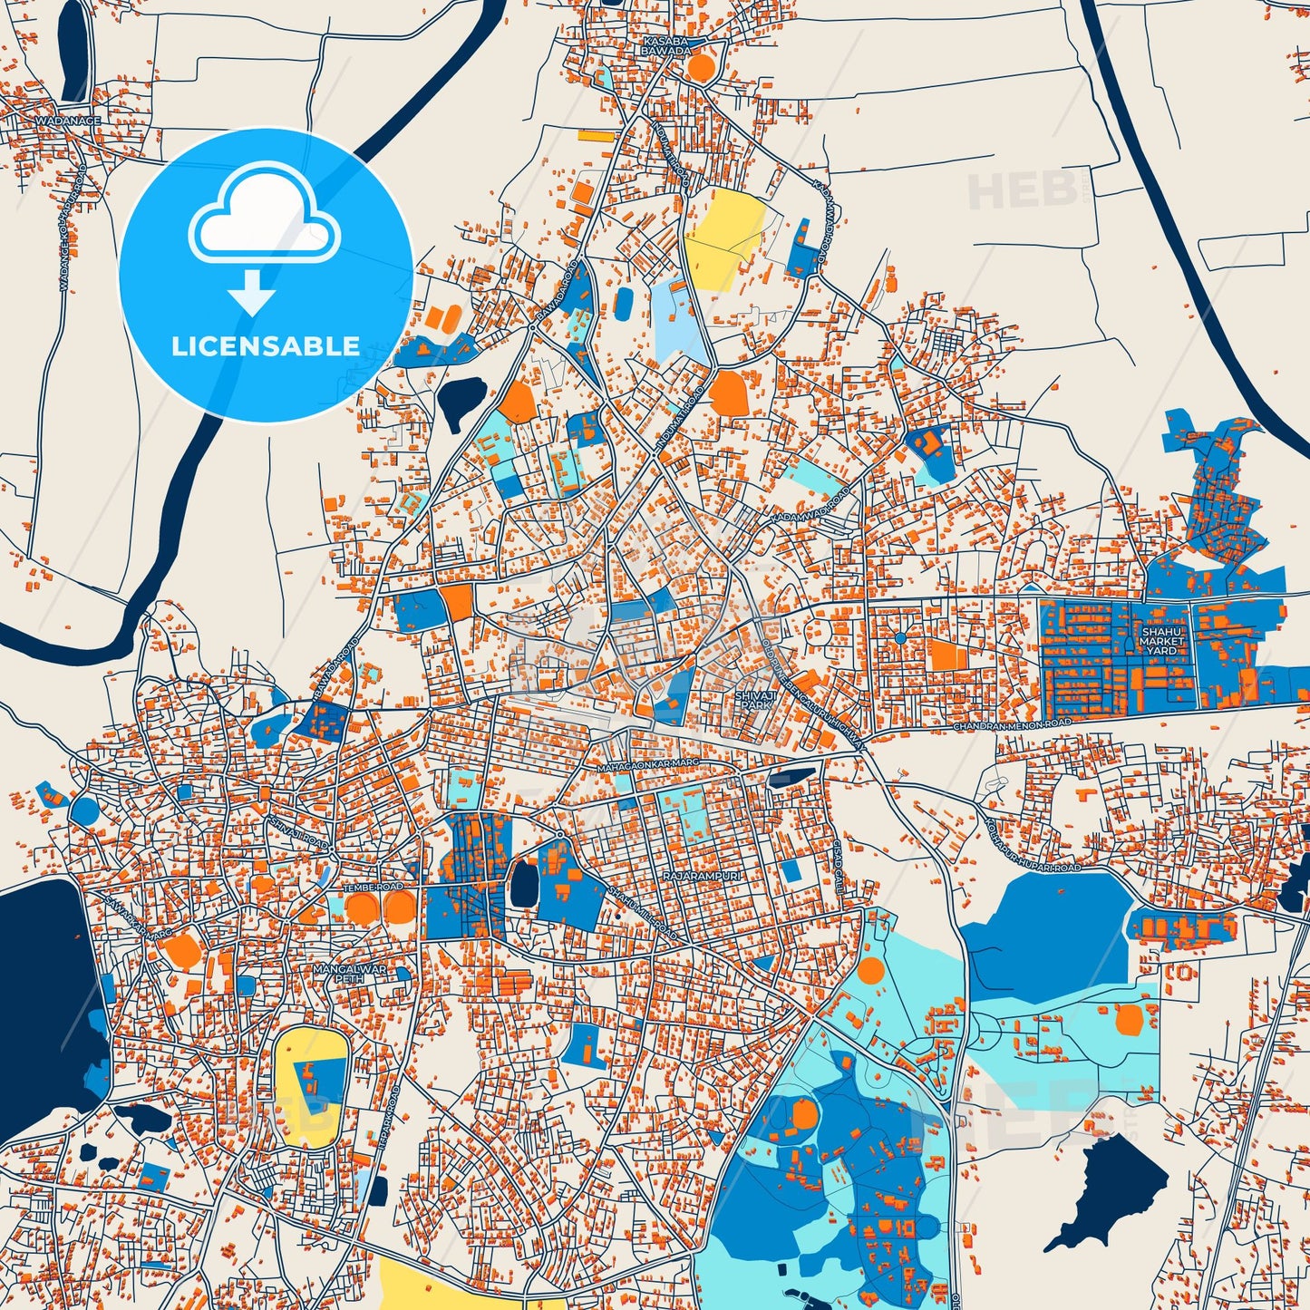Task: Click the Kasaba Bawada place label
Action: click(666, 46)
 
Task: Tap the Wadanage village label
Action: click(68, 120)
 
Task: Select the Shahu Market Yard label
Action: click(1161, 641)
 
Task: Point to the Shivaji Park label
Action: click(754, 698)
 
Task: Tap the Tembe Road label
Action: click(373, 886)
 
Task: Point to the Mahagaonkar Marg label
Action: click(647, 767)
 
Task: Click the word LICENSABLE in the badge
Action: click(265, 345)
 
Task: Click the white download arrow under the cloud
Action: click(252, 295)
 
